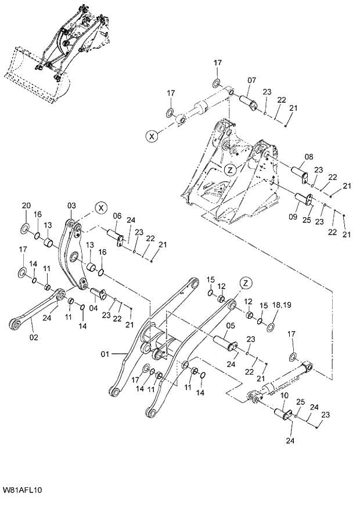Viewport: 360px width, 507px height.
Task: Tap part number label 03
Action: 71,205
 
